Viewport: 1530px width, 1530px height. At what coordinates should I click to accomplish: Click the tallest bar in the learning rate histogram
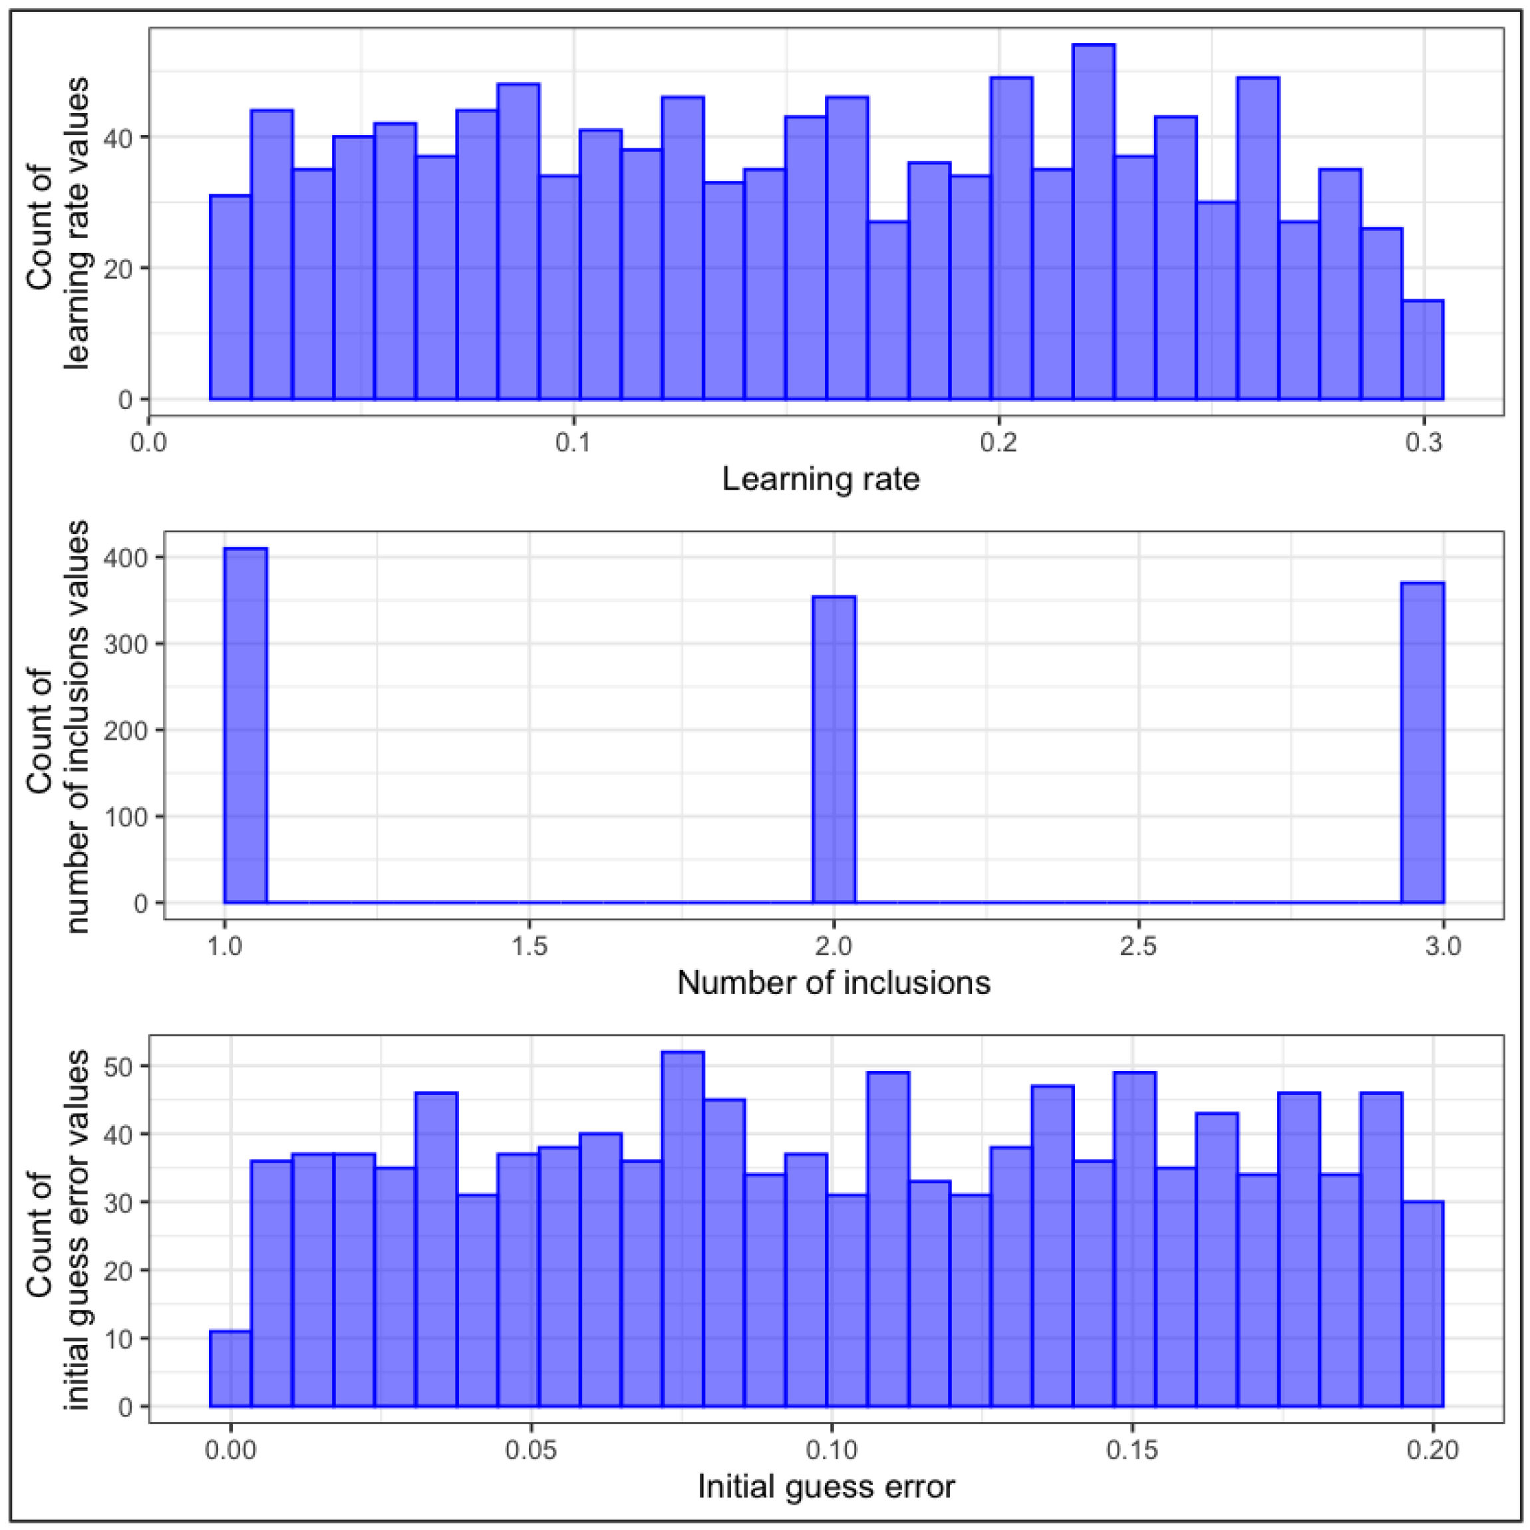click(x=1094, y=222)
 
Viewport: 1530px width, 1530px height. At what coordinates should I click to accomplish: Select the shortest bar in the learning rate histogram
click(x=1423, y=350)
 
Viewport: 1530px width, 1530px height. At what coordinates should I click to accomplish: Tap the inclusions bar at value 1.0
click(x=245, y=724)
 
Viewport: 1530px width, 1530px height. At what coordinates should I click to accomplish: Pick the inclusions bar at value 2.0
click(x=835, y=749)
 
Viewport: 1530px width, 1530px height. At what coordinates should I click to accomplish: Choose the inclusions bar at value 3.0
click(x=1423, y=742)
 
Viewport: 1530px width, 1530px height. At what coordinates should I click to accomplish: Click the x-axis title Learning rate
click(x=820, y=479)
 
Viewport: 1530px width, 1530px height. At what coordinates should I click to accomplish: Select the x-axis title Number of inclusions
click(x=834, y=983)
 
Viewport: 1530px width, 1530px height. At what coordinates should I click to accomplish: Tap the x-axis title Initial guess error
click(x=826, y=1487)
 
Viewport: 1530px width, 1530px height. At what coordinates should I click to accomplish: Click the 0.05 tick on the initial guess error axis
click(x=532, y=1450)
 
